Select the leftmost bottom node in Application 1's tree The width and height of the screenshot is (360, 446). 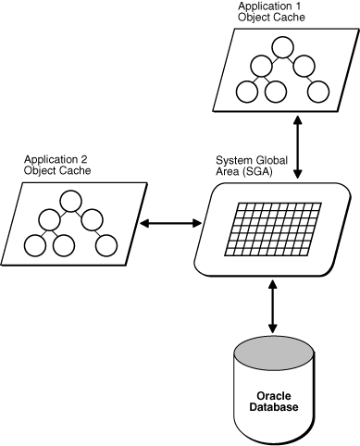(x=247, y=91)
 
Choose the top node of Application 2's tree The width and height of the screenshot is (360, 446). (x=70, y=199)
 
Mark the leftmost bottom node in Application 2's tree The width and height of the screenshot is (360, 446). (x=35, y=244)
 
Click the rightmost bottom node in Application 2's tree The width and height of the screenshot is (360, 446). (x=106, y=244)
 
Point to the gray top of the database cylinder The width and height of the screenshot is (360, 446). (x=271, y=353)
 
